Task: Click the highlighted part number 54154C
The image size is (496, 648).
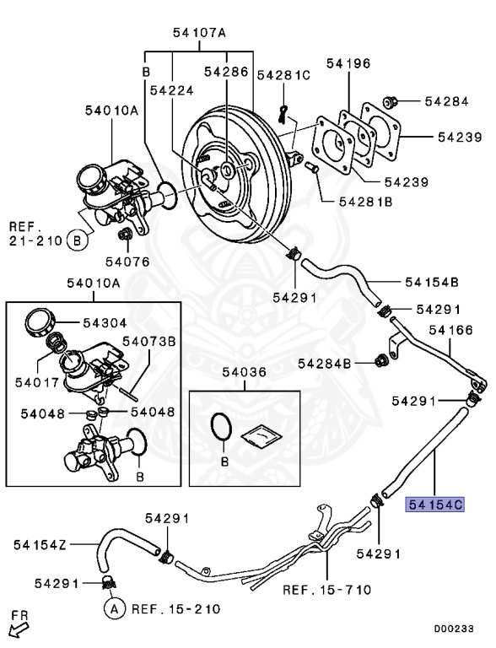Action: click(x=435, y=505)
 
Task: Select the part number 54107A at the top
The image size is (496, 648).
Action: click(x=199, y=32)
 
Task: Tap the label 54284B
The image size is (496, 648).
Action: click(x=325, y=364)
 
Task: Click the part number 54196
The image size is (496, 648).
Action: click(x=348, y=63)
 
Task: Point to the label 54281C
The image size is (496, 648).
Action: click(x=283, y=75)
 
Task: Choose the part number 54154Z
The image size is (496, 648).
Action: click(x=40, y=545)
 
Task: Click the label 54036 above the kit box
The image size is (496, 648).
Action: click(x=245, y=372)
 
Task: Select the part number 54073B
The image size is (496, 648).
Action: click(x=148, y=341)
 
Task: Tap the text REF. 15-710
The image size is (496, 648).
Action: click(x=327, y=589)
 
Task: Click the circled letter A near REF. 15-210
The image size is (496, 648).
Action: click(x=114, y=608)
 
